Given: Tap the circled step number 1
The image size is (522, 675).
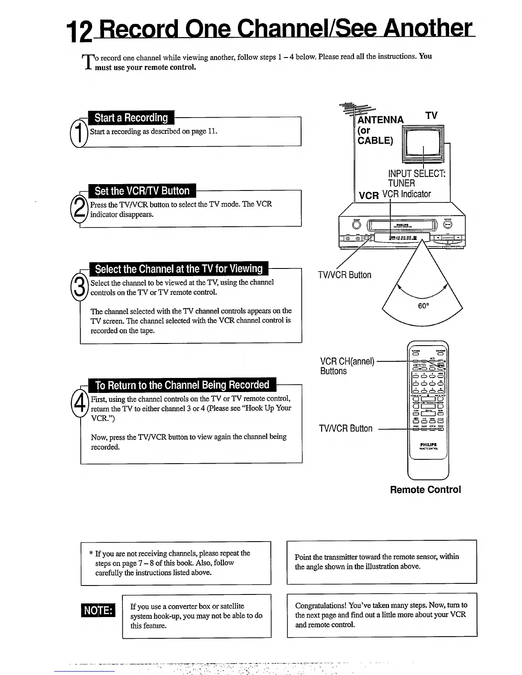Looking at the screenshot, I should pos(78,133).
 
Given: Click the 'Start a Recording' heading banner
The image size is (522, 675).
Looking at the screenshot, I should pos(131,118).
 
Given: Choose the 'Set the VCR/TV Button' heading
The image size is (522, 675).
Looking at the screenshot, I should pos(142,191).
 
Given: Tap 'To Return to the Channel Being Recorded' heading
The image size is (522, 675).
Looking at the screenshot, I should pos(182,385).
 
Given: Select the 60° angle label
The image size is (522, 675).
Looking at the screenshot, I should pos(423,306).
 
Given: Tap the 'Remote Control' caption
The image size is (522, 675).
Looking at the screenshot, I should pos(425,490).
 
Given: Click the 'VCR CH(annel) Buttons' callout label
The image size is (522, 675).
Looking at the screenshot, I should pos(347,366).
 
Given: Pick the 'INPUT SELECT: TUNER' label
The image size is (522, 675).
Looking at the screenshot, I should pos(416,179).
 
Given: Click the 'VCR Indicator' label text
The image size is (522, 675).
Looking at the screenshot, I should pos(406,194).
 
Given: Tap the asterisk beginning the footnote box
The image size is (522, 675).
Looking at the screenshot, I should pos(91,554).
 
